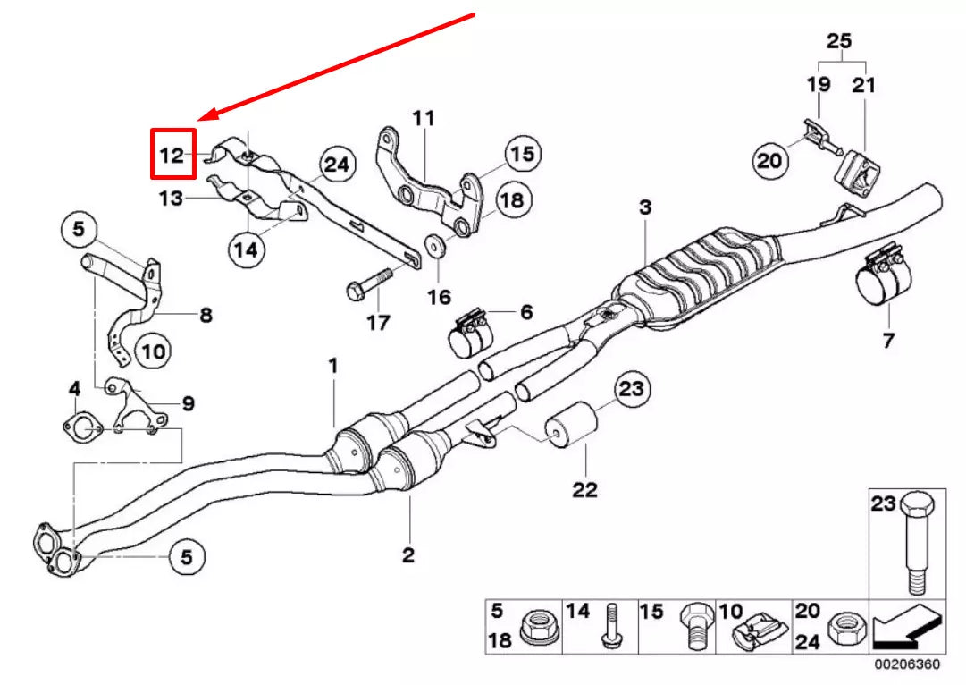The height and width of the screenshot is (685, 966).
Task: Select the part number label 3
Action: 644,207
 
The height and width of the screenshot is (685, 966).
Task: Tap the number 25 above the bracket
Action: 838,41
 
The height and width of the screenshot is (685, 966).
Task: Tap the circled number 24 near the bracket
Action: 337,165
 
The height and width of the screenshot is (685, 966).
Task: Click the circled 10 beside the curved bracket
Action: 153,351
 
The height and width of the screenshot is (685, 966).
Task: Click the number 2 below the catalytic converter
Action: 407,555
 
